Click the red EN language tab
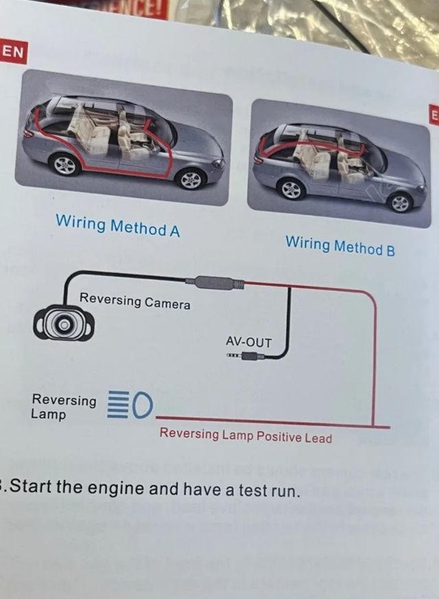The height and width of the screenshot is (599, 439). (x=12, y=51)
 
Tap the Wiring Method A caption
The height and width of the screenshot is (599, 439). (x=117, y=225)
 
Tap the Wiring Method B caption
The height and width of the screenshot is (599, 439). (x=340, y=245)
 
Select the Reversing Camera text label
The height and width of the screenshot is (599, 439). (x=135, y=301)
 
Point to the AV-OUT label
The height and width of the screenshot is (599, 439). (x=248, y=342)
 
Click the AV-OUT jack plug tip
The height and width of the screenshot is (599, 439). (x=232, y=355)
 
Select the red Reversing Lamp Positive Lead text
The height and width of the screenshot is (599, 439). (x=246, y=436)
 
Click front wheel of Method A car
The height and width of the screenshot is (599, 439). (x=190, y=178)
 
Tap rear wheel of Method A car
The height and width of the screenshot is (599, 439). (x=65, y=165)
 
